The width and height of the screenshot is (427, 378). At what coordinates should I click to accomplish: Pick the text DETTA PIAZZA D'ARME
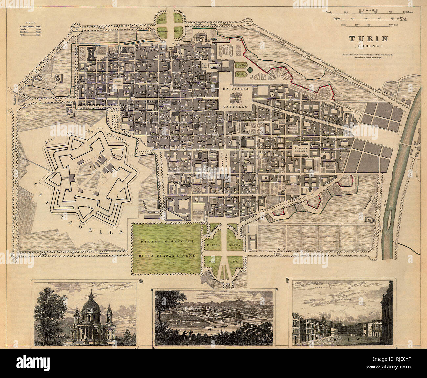168,255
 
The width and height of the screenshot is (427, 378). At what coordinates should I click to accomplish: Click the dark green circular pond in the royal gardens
250,70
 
